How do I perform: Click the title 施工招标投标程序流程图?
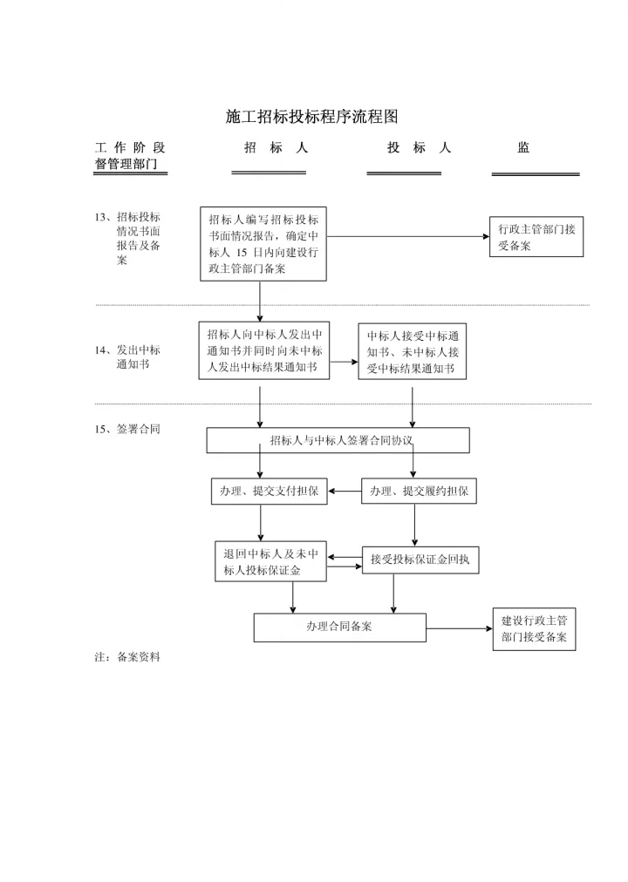click(x=311, y=116)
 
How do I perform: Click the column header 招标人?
click(x=276, y=148)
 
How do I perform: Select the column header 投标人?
click(x=419, y=148)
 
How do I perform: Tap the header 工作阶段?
click(x=129, y=148)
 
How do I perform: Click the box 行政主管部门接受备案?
click(x=536, y=237)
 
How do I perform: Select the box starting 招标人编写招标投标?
click(x=263, y=243)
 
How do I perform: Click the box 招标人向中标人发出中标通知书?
click(x=263, y=351)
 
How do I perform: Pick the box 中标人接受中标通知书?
click(x=412, y=352)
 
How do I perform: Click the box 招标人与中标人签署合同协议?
click(x=338, y=440)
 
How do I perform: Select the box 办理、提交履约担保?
click(x=419, y=492)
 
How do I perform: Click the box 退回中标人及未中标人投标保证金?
click(x=270, y=562)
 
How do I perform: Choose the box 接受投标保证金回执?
click(x=420, y=560)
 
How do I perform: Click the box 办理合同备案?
click(x=339, y=627)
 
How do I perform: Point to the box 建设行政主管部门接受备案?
click(x=534, y=629)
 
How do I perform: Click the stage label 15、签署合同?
click(x=127, y=429)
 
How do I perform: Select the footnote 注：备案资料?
click(x=127, y=657)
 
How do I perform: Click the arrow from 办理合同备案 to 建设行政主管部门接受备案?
click(x=459, y=628)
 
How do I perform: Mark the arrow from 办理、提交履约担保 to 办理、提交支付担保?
click(x=345, y=492)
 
